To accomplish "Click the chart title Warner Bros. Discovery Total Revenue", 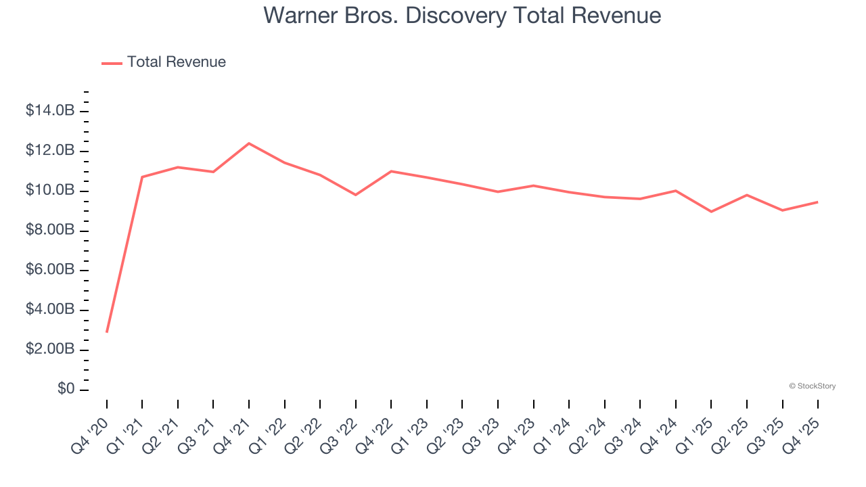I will tap(462, 15).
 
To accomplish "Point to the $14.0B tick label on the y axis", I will tap(50, 111).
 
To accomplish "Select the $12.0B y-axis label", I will tap(50, 151).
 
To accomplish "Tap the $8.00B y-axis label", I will tap(50, 231).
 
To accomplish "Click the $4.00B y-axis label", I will tap(50, 310).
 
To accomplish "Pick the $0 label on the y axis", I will tap(66, 390).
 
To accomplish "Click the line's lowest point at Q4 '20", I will tap(107, 331).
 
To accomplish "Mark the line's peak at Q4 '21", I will tap(249, 143).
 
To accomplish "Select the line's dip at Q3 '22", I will tap(356, 195).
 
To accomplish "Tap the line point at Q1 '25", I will tap(711, 212).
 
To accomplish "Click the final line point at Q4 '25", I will tap(817, 202).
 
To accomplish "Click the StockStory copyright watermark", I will tap(812, 386).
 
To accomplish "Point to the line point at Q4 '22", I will tap(391, 171).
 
